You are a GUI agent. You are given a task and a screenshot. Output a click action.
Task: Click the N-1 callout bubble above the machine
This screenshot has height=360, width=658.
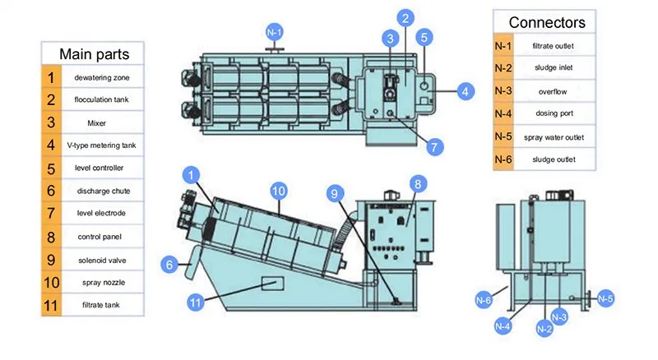[275, 32]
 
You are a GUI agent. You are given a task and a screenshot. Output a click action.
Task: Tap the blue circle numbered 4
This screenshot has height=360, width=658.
[465, 91]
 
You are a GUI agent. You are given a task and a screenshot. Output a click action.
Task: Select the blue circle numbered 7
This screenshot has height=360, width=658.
[434, 147]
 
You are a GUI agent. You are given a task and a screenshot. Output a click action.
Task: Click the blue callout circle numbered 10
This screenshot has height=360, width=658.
[279, 192]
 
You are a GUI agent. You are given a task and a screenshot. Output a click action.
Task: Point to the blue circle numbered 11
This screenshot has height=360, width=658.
[196, 302]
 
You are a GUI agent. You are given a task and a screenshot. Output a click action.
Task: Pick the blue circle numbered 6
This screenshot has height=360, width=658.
[169, 265]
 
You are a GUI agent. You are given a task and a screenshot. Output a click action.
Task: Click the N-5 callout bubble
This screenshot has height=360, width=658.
[605, 298]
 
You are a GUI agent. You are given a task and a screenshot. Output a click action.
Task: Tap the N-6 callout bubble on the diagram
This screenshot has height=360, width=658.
[484, 300]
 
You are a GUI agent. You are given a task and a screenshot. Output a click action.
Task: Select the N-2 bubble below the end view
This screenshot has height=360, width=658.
[544, 329]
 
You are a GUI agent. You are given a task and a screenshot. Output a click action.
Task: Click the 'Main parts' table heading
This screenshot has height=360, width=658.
[94, 54]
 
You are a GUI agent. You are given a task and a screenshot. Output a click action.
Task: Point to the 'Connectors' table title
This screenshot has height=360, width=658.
[547, 22]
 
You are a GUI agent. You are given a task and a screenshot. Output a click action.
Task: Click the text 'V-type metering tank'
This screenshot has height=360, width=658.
[101, 145]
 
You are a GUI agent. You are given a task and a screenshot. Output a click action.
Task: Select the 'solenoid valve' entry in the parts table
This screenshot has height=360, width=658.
[102, 261]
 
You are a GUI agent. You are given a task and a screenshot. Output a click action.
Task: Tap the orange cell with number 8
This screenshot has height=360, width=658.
[51, 237]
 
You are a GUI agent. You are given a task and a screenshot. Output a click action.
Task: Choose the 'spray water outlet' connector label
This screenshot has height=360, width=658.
[554, 137]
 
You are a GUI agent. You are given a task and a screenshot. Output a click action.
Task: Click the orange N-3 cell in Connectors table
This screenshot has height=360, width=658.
[503, 90]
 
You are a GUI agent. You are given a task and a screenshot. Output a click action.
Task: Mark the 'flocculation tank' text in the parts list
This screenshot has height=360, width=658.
[101, 99]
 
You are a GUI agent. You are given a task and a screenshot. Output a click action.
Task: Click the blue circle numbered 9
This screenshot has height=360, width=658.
[335, 193]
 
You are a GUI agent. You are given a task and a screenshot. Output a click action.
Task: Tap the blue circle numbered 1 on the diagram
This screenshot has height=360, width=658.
[192, 175]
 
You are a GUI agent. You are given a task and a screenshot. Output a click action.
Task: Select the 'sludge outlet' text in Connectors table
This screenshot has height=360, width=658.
[554, 159]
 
